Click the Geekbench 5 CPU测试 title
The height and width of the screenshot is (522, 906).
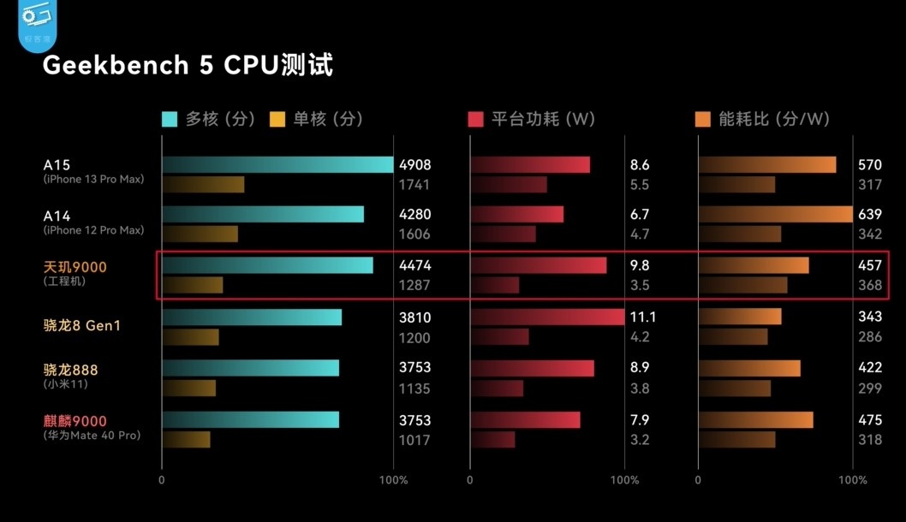point(188,65)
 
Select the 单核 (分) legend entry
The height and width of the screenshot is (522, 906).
point(316,119)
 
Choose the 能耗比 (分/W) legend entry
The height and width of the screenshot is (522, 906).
point(762,119)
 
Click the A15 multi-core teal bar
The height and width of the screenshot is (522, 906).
point(277,164)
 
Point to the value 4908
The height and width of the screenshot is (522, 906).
point(415,165)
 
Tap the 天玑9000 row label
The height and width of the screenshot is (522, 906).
point(75,268)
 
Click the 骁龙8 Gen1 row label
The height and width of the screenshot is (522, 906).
point(82,325)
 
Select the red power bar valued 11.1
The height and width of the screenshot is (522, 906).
point(547,317)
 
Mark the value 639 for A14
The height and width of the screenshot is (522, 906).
point(870,215)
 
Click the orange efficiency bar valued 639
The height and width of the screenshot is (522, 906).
point(775,214)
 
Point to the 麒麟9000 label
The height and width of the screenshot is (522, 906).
point(75,420)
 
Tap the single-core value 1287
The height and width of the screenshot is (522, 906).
point(414,286)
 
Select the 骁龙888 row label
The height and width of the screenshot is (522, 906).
point(71,370)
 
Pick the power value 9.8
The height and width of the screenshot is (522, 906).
point(640,266)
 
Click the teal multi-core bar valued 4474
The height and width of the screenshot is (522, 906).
point(266,265)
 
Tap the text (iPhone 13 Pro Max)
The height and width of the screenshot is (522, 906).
point(94,180)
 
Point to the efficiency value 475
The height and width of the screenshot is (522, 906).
point(870,420)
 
